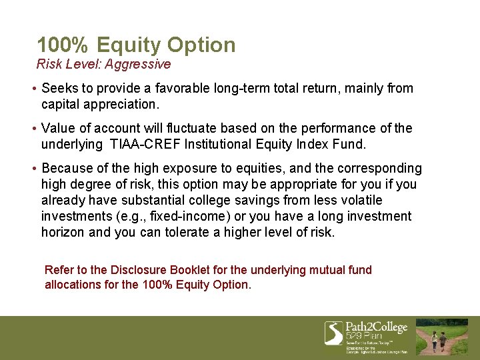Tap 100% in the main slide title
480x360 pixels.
click(x=63, y=45)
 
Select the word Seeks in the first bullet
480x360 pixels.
click(x=59, y=88)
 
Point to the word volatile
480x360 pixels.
click(x=361, y=200)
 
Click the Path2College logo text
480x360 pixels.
click(x=376, y=327)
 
